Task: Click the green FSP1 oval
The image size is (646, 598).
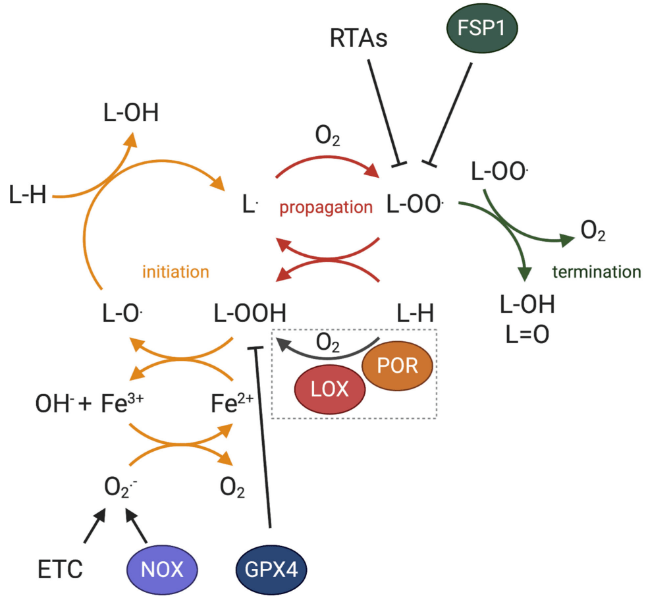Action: pos(482,28)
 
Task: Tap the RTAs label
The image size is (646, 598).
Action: pos(358,38)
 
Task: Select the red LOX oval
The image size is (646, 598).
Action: pos(330,389)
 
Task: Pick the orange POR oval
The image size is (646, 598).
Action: pos(397,366)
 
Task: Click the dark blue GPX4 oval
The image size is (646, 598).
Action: pos(271,570)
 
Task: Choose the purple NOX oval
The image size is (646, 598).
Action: pos(162,570)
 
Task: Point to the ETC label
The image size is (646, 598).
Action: pos(60,570)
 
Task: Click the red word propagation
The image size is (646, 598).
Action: pos(326,207)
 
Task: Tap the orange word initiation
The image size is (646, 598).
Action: pos(176,272)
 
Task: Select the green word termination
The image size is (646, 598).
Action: pos(597,272)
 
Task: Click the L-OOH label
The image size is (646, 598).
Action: pos(250,313)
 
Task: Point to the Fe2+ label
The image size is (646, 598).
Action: pos(232,403)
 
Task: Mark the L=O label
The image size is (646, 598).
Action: pos(527,335)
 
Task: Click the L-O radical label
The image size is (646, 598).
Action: pos(122,313)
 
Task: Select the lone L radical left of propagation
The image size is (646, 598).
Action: pos(250,204)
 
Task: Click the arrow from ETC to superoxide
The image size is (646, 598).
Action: pos(95,526)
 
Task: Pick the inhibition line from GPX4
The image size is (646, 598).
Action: pos(263,438)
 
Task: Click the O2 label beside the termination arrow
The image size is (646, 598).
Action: pos(593,231)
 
